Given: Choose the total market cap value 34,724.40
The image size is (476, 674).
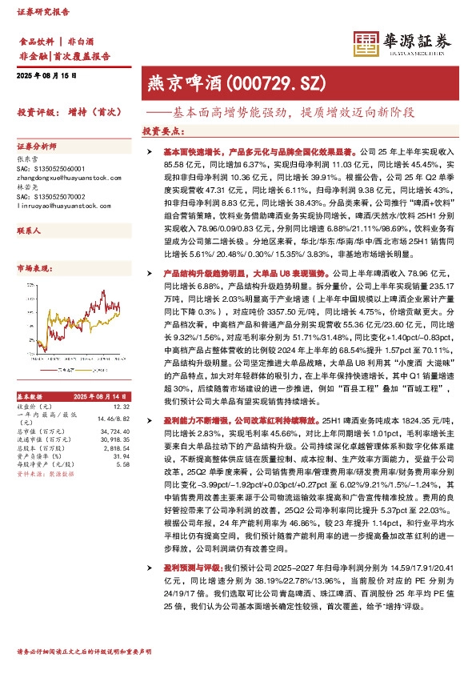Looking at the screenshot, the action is tap(114, 431).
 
